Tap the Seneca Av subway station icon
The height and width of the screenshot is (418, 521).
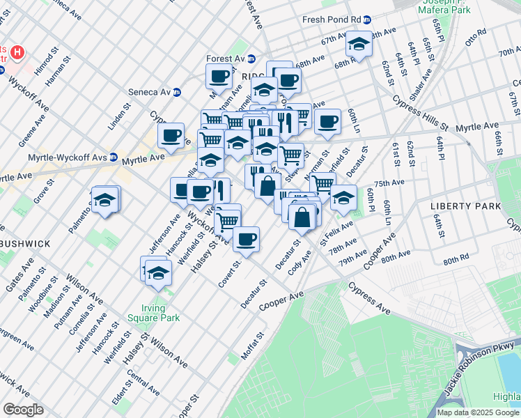click(177, 91)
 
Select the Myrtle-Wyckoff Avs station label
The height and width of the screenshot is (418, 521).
click(67, 157)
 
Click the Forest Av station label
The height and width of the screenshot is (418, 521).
click(226, 59)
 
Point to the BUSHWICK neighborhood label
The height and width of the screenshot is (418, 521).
click(25, 244)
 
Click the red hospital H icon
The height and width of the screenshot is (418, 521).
click(19, 52)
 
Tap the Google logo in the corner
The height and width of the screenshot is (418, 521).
click(23, 410)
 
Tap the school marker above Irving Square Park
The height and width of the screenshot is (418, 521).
click(159, 274)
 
